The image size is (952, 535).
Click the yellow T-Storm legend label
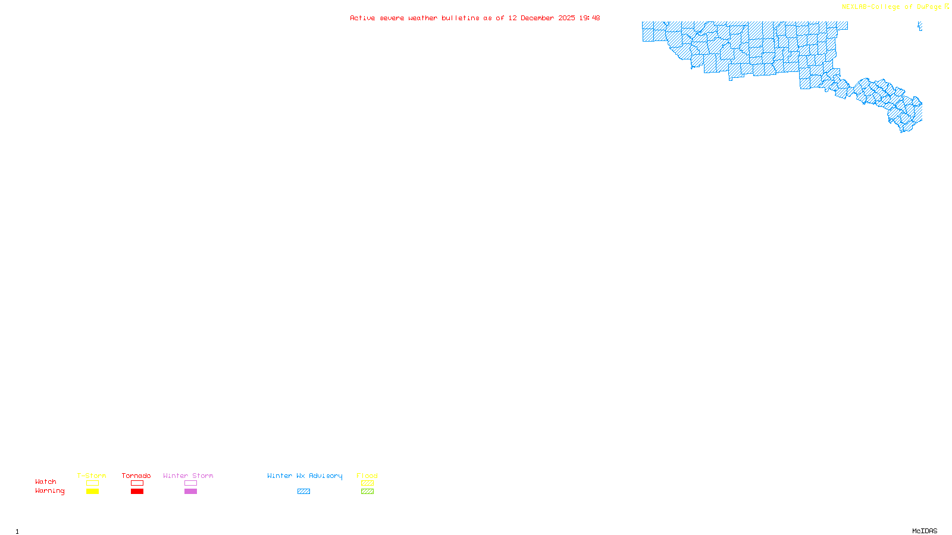[x=92, y=476]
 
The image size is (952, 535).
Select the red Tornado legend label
[x=136, y=476]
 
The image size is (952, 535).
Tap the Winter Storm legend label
[x=188, y=476]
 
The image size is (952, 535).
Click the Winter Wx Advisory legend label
[x=305, y=476]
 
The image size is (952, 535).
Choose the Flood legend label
[x=367, y=476]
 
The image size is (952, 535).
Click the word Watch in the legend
[x=46, y=481]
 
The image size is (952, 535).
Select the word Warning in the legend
[x=50, y=491]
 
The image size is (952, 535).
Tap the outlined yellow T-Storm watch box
[x=92, y=483]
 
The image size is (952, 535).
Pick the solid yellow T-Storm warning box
[x=92, y=492]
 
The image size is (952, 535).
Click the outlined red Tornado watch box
[x=137, y=483]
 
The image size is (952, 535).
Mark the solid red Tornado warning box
[x=137, y=492]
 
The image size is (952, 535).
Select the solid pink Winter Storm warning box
[x=190, y=492]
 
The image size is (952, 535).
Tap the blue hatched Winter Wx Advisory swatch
[x=303, y=492]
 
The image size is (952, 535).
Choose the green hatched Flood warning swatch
[x=367, y=492]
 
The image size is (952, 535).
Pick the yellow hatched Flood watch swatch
[x=367, y=483]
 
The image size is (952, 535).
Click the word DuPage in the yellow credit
[x=929, y=7]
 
